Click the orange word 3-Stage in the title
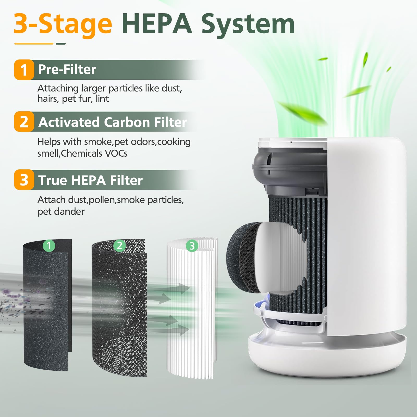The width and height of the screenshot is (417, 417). click(x=63, y=24)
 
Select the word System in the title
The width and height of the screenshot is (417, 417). click(x=248, y=24)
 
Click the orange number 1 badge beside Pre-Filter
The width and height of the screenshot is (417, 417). click(x=24, y=70)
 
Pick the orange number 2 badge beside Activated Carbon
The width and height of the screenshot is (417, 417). click(x=24, y=122)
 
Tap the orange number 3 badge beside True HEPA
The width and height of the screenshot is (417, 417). click(x=24, y=180)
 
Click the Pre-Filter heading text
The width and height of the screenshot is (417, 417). click(x=67, y=70)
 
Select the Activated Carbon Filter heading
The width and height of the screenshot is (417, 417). click(x=113, y=122)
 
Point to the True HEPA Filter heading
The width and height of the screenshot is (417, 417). click(x=90, y=180)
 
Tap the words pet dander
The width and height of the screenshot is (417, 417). click(x=61, y=211)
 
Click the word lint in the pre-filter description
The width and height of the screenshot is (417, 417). click(x=102, y=99)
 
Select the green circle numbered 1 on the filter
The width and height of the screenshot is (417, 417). click(x=49, y=246)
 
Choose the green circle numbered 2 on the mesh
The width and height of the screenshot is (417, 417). click(x=120, y=246)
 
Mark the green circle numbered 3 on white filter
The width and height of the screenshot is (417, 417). click(x=192, y=246)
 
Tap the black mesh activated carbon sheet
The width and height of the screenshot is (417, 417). click(x=120, y=313)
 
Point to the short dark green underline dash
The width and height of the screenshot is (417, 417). click(x=61, y=44)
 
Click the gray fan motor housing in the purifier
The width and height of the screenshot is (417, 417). click(x=289, y=167)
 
